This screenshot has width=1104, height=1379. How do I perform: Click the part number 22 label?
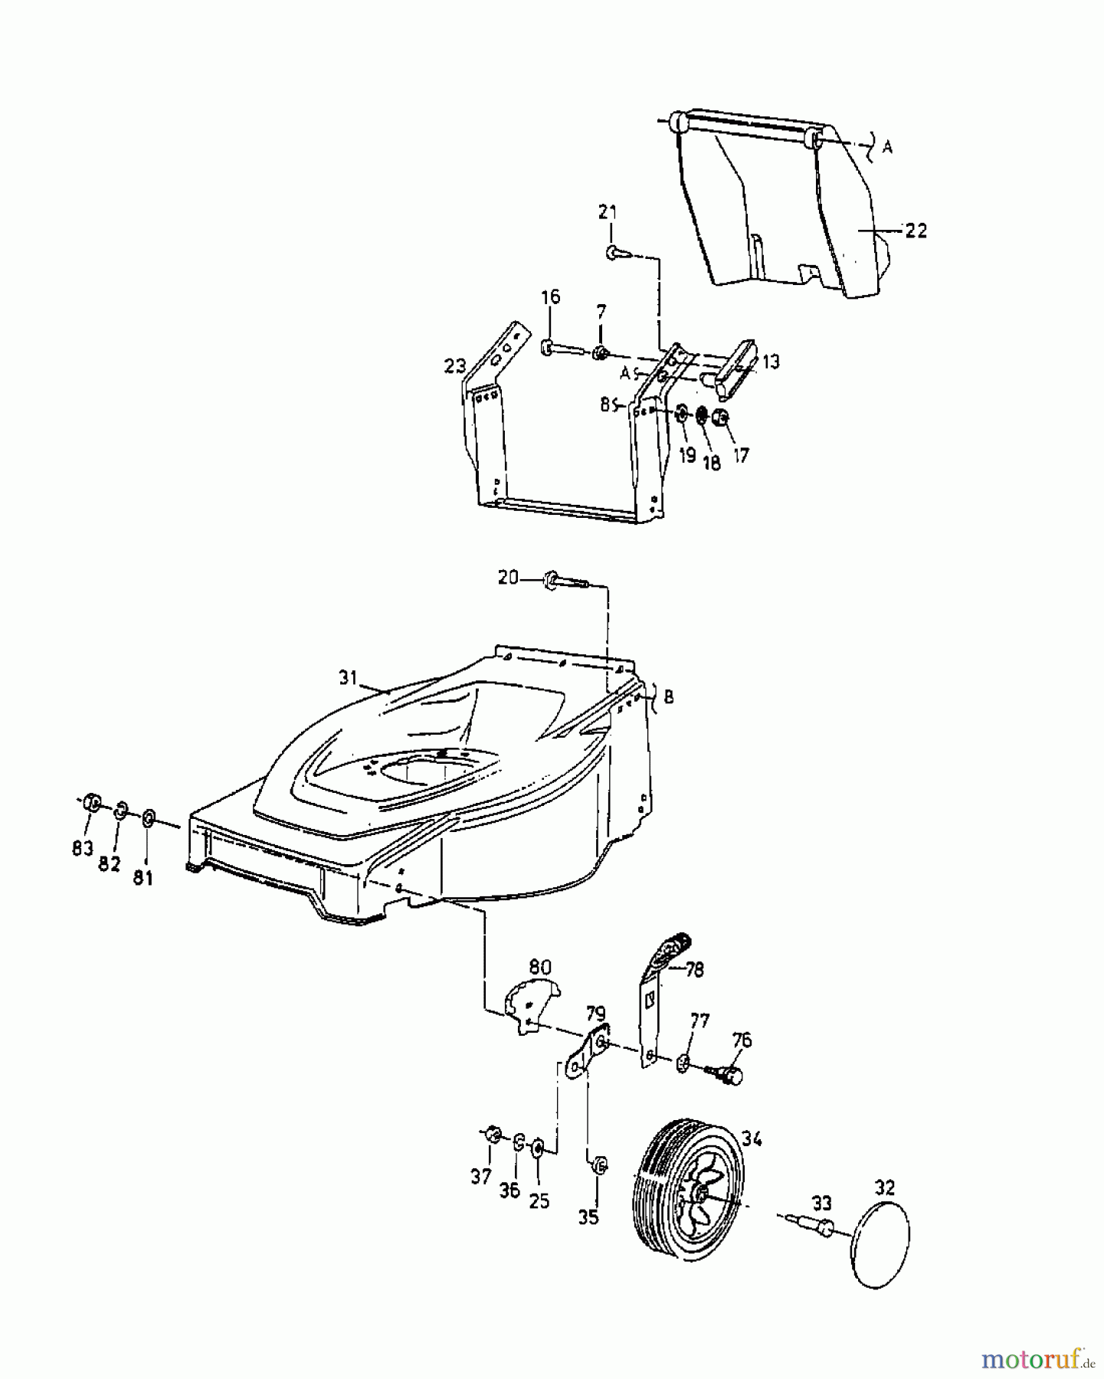pyautogui.click(x=916, y=230)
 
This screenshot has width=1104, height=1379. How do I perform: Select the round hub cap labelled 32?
pyautogui.click(x=882, y=1241)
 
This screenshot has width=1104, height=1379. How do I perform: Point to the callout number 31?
pyautogui.click(x=349, y=676)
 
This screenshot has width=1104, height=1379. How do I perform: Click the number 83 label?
pyautogui.click(x=83, y=847)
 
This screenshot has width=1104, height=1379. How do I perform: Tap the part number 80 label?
pyautogui.click(x=539, y=967)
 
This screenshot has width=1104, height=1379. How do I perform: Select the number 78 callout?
pyautogui.click(x=694, y=969)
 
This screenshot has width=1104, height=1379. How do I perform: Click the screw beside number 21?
pyautogui.click(x=618, y=253)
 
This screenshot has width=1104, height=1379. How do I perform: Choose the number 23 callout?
pyautogui.click(x=455, y=366)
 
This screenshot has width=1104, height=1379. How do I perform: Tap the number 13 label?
pyautogui.click(x=770, y=362)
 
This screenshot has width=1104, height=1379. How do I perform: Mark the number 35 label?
pyautogui.click(x=588, y=1217)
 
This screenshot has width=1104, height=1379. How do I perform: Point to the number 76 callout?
pyautogui.click(x=742, y=1040)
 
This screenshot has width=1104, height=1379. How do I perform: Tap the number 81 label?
pyautogui.click(x=143, y=877)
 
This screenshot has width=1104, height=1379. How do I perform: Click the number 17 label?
pyautogui.click(x=741, y=455)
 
